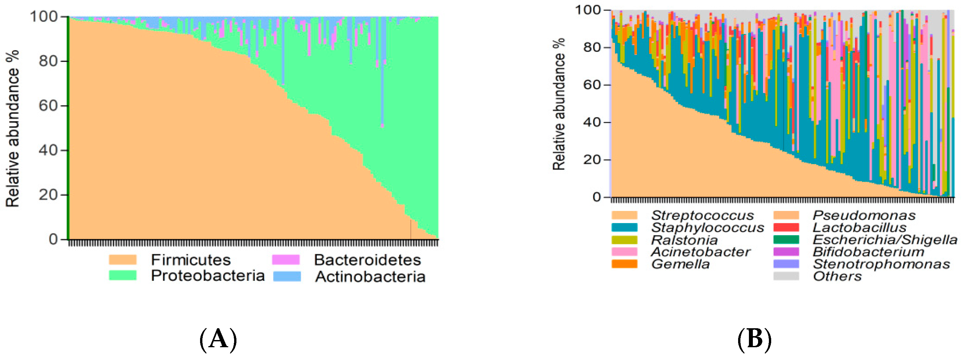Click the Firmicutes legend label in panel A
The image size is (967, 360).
191,260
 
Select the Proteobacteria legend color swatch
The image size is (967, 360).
122,275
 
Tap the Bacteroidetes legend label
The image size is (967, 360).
367,260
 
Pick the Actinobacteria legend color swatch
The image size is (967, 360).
287,276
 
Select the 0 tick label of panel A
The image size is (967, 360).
53,239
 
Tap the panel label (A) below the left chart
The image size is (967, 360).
218,340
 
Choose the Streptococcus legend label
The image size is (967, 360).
702,216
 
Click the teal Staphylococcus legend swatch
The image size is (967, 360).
624,227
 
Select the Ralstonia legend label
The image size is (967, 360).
684,240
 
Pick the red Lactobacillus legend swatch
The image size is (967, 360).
786,227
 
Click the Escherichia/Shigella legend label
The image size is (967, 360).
885,239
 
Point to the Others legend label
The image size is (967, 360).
837,276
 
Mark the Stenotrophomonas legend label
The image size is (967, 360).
881,264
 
